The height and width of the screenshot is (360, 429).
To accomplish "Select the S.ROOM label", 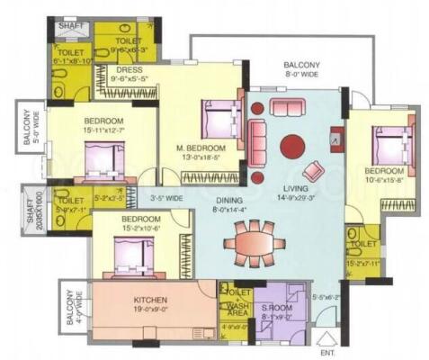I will click(x=273, y=307).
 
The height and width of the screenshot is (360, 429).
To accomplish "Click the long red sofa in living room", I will click(x=257, y=139).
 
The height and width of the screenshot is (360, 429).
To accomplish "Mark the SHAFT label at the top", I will click(x=71, y=26).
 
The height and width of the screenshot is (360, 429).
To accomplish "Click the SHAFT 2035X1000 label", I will click(x=32, y=206).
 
